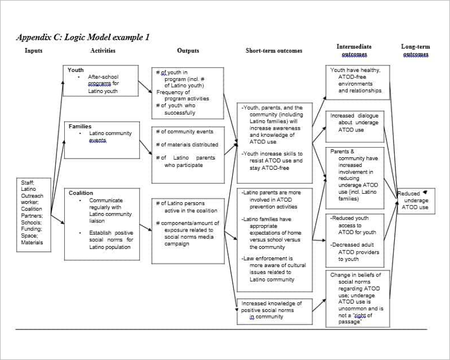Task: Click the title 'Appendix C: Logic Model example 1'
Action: (83, 37)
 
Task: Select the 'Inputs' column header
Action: (34, 51)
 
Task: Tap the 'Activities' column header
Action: (103, 51)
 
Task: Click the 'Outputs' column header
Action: (188, 51)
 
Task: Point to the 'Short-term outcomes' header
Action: (274, 51)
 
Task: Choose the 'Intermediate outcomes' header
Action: (354, 50)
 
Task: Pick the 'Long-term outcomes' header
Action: (415, 50)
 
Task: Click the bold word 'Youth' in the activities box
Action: (76, 70)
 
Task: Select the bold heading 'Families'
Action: (80, 127)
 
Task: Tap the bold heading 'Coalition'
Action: (81, 193)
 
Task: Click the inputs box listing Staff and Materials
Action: (32, 212)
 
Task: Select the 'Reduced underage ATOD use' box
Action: (415, 200)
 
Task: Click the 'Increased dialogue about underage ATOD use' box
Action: (354, 122)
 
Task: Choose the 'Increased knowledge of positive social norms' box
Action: (273, 310)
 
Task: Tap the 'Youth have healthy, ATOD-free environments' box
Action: (354, 80)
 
